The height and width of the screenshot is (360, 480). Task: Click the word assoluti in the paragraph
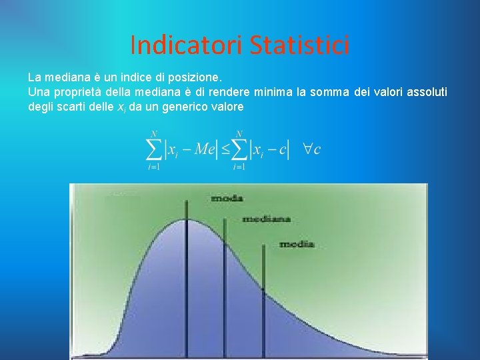click(x=425, y=92)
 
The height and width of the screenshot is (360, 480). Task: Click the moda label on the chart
click(x=227, y=198)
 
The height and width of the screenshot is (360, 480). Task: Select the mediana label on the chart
click(x=266, y=219)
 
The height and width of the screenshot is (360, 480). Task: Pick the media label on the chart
click(x=297, y=244)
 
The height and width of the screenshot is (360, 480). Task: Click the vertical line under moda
click(x=187, y=280)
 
